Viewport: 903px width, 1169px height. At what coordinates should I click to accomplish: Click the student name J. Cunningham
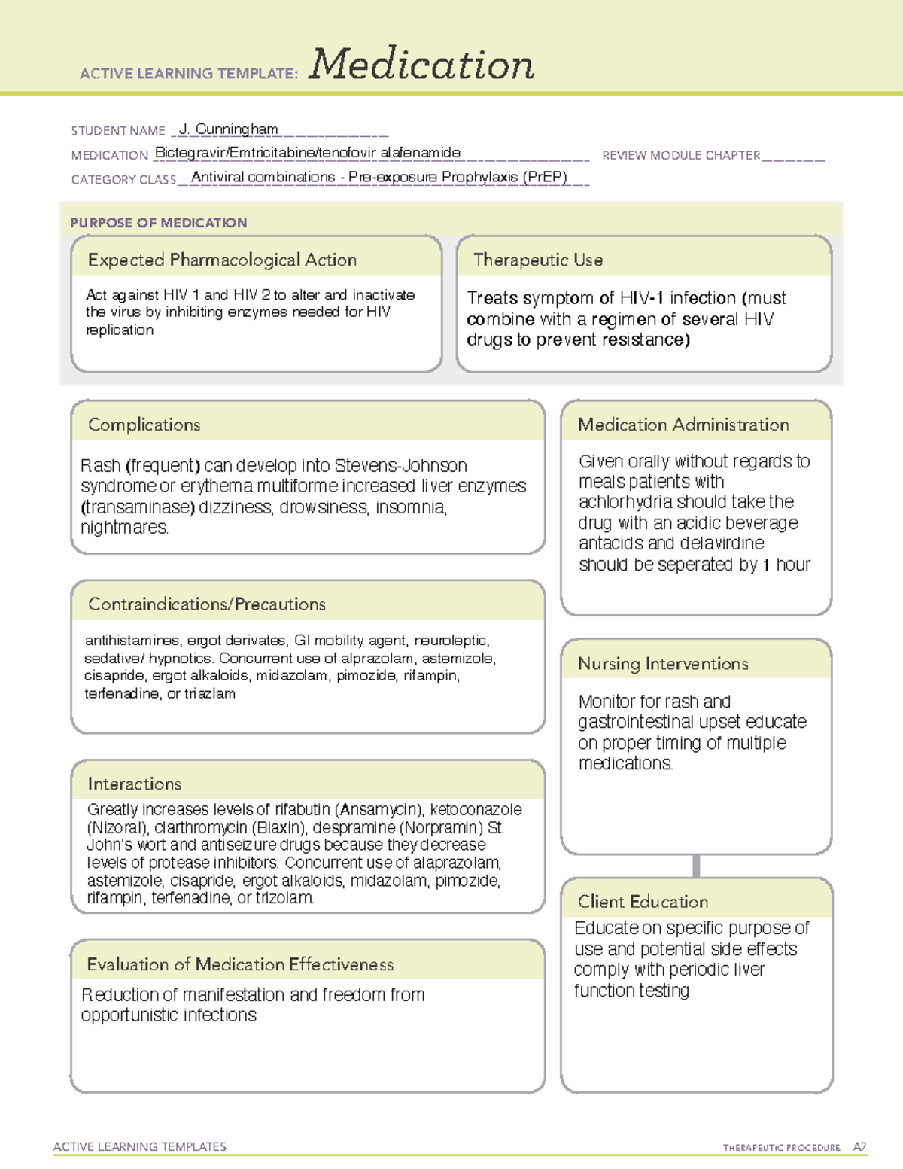click(x=229, y=129)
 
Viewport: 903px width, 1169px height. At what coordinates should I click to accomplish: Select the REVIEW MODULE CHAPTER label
click(x=681, y=155)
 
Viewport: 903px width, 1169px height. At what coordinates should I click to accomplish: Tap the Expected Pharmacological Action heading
click(x=222, y=260)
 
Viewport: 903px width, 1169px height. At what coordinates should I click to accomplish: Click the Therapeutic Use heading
click(x=538, y=260)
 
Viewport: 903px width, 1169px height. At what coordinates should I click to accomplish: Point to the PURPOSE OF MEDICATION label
click(x=158, y=223)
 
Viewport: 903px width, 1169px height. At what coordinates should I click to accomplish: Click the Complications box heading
click(x=144, y=425)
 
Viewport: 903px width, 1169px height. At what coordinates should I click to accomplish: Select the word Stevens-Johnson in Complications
click(x=400, y=465)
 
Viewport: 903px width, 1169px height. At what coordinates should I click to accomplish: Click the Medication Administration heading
click(x=683, y=425)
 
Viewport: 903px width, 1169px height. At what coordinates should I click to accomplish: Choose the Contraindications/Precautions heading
click(x=207, y=604)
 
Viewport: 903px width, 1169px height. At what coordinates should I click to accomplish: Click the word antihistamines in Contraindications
click(x=132, y=641)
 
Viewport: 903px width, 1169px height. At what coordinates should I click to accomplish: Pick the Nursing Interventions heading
click(x=663, y=664)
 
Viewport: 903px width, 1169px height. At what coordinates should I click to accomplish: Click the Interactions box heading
click(x=134, y=784)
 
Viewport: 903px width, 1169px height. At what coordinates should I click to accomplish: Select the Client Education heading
click(x=643, y=902)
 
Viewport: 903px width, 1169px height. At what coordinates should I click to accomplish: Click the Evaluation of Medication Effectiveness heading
click(x=240, y=964)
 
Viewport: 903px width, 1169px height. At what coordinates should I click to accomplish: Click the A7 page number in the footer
click(x=859, y=1147)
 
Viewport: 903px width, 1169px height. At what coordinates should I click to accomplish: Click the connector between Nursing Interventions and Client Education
click(x=696, y=866)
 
